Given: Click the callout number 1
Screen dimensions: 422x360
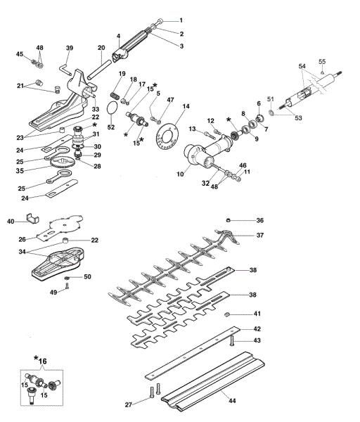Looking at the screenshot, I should (x=180, y=20).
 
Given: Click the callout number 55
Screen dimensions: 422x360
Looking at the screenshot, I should (x=322, y=61).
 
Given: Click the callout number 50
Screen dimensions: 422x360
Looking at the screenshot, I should (x=88, y=276).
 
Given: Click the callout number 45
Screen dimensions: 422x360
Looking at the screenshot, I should (x=20, y=54).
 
